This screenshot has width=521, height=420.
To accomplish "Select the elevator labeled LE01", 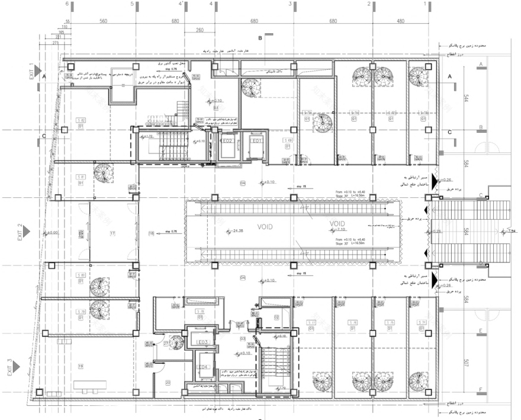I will tap(256, 142).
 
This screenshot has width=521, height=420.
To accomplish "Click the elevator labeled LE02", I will tap(226, 142).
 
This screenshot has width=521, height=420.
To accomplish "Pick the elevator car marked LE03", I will tap(201, 342).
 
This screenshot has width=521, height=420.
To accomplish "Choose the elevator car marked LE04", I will tap(201, 367).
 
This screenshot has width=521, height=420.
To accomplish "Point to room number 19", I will tap(81, 366).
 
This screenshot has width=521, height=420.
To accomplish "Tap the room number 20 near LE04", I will tap(168, 383).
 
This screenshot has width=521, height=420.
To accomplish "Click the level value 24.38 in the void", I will tap(238, 230).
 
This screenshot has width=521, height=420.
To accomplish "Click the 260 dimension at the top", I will tap(199, 30).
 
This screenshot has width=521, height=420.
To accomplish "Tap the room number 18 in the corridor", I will tap(152, 234).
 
